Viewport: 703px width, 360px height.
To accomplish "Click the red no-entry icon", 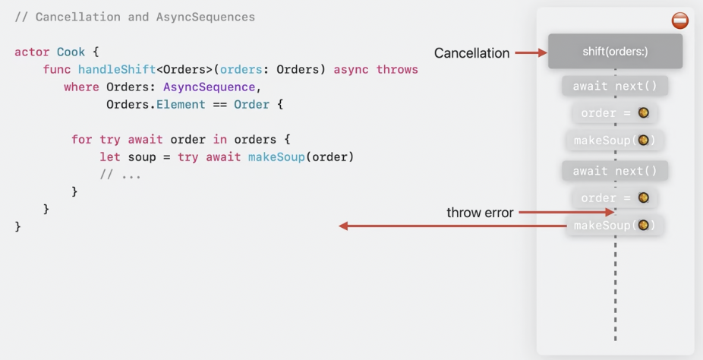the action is [x=680, y=21].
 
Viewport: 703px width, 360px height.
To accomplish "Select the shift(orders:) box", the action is [x=615, y=52].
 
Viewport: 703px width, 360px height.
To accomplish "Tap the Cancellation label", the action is [x=471, y=53].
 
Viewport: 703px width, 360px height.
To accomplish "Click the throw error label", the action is [x=480, y=213].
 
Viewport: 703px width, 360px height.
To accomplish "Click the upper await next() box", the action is [x=615, y=86].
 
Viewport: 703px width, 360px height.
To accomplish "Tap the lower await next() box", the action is [x=615, y=171].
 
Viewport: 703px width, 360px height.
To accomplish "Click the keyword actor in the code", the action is [x=32, y=52].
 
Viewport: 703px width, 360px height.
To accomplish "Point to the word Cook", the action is [x=71, y=52].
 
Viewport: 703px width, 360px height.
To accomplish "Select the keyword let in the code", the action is [x=110, y=157].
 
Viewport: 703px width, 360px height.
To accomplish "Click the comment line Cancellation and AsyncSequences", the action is [x=134, y=17].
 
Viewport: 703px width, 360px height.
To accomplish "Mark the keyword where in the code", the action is [x=81, y=87].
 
